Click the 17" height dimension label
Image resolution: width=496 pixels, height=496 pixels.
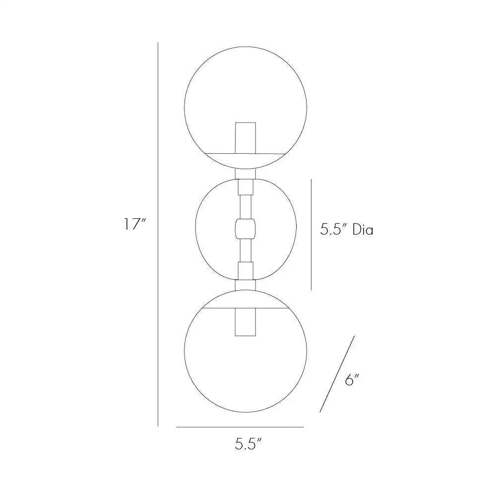pyautogui.click(x=134, y=224)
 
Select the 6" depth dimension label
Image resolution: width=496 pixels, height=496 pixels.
pyautogui.click(x=352, y=379)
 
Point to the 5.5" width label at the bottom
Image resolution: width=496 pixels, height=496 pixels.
pyautogui.click(x=248, y=444)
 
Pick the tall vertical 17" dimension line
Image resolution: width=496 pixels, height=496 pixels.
pyautogui.click(x=158, y=234)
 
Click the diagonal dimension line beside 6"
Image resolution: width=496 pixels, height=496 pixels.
pyautogui.click(x=337, y=374)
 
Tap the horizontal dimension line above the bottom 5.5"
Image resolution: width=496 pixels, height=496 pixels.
pyautogui.click(x=240, y=427)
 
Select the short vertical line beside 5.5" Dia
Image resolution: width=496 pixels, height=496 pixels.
pyautogui.click(x=311, y=235)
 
